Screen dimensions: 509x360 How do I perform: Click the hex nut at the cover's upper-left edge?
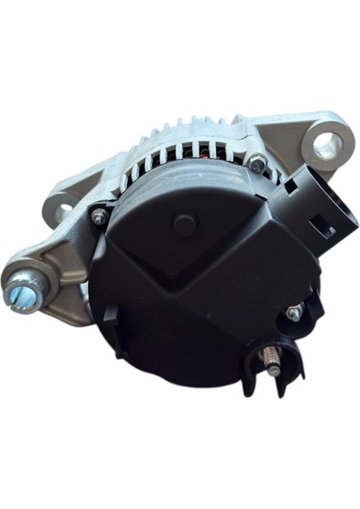coord(99,217)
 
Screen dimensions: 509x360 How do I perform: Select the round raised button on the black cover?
coord(184,225)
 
